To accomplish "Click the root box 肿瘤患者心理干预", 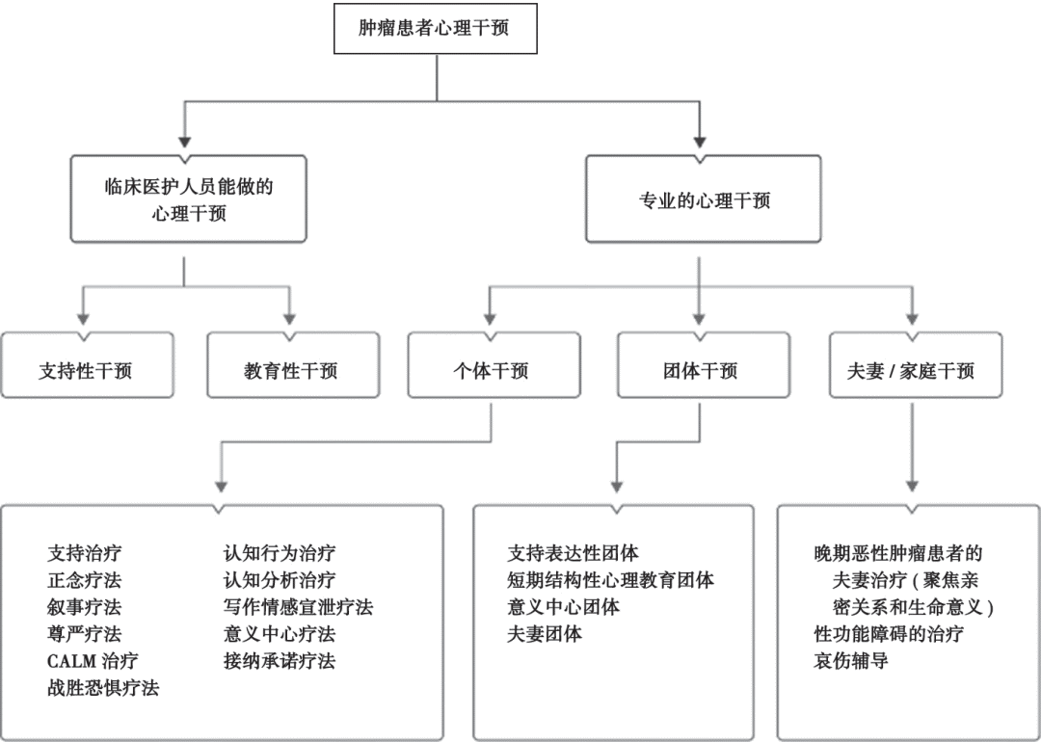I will click(x=435, y=28).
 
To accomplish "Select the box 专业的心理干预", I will click(x=704, y=200).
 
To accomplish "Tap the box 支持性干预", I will click(x=86, y=370).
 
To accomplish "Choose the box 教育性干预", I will click(x=291, y=370).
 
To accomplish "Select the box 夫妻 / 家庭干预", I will click(x=911, y=370).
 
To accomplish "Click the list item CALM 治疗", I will click(x=93, y=661).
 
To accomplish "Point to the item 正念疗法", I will click(x=85, y=580).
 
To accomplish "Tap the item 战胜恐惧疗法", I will click(x=103, y=688).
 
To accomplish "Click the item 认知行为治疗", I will click(x=280, y=553).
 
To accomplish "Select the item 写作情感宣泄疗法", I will click(x=298, y=607).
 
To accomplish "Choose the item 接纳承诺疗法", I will click(x=280, y=661).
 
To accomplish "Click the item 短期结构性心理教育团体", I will click(x=610, y=580).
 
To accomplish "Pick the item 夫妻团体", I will click(x=545, y=634).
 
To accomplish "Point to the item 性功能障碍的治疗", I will click(x=889, y=634).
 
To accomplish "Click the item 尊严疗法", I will click(x=85, y=634).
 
